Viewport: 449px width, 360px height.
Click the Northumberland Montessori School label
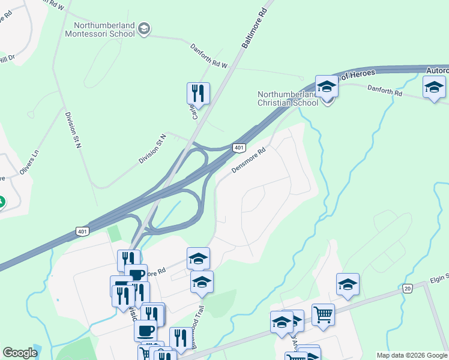[104, 30]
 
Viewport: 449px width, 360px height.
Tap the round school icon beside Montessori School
[144, 28]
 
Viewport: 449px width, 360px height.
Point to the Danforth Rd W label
[209, 56]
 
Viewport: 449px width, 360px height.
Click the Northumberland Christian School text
[288, 98]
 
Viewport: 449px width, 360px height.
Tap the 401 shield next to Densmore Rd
[239, 148]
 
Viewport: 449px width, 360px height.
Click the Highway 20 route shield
[408, 289]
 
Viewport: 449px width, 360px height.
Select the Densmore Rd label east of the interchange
[249, 160]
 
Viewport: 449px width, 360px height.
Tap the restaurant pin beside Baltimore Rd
[198, 94]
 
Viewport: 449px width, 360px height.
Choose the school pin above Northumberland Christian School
[327, 86]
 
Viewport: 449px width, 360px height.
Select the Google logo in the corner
[20, 353]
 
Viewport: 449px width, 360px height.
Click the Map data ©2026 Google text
[412, 355]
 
